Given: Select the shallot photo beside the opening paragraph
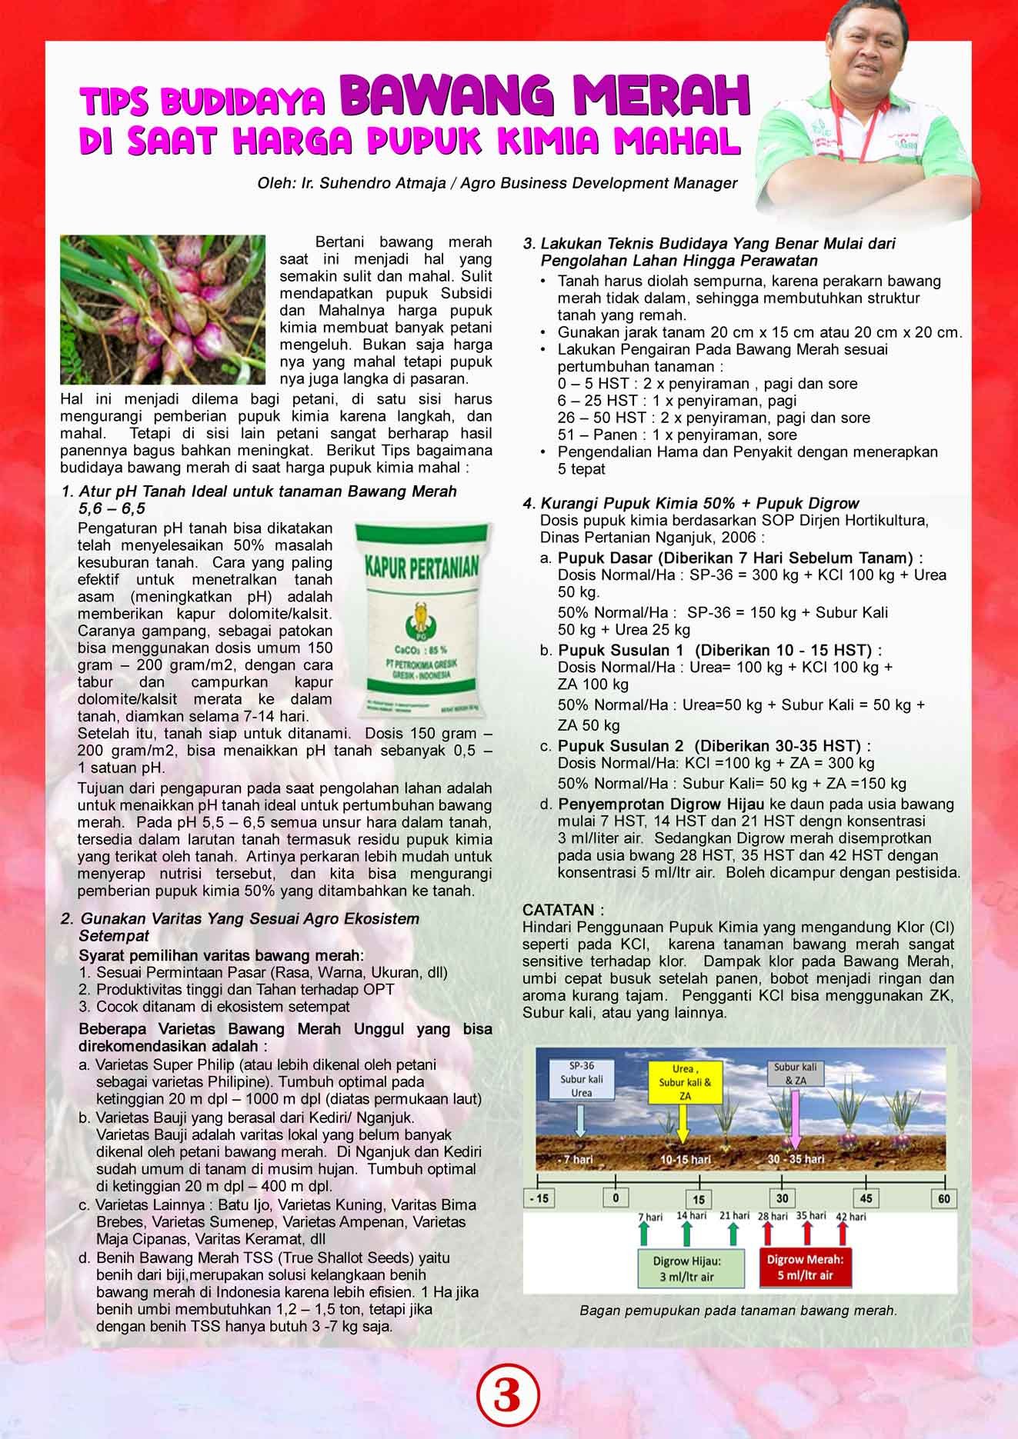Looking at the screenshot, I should pyautogui.click(x=162, y=310).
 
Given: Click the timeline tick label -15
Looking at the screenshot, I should pyautogui.click(x=539, y=1198).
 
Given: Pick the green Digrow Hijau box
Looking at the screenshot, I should pyautogui.click(x=688, y=1269).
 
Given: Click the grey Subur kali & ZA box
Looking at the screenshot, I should pyautogui.click(x=796, y=1074).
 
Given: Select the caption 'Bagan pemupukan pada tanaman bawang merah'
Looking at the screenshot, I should pyautogui.click(x=738, y=1311).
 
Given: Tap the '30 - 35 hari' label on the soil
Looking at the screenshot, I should pyautogui.click(x=796, y=1158).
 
